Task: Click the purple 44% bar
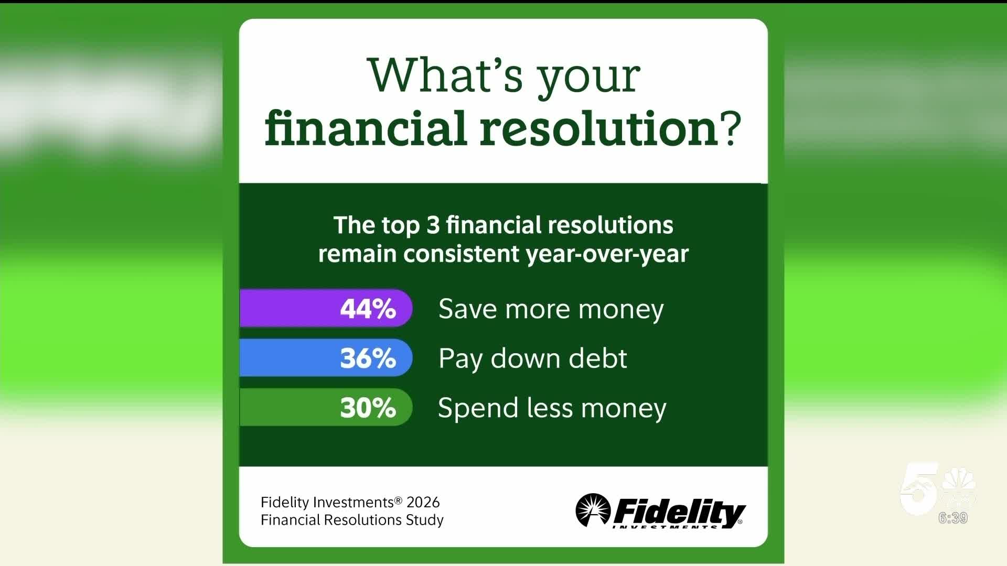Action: click(x=326, y=308)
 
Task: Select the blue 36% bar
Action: click(x=326, y=357)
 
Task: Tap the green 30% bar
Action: click(x=326, y=407)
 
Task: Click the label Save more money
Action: click(x=551, y=309)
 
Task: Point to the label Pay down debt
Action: click(x=532, y=359)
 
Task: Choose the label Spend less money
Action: click(x=552, y=408)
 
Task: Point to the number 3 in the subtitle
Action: click(x=433, y=225)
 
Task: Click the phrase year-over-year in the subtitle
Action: click(x=607, y=254)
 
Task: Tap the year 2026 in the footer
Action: click(x=423, y=502)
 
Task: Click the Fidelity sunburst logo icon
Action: click(x=593, y=509)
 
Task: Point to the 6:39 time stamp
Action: click(x=953, y=518)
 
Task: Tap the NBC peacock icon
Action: click(x=959, y=485)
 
